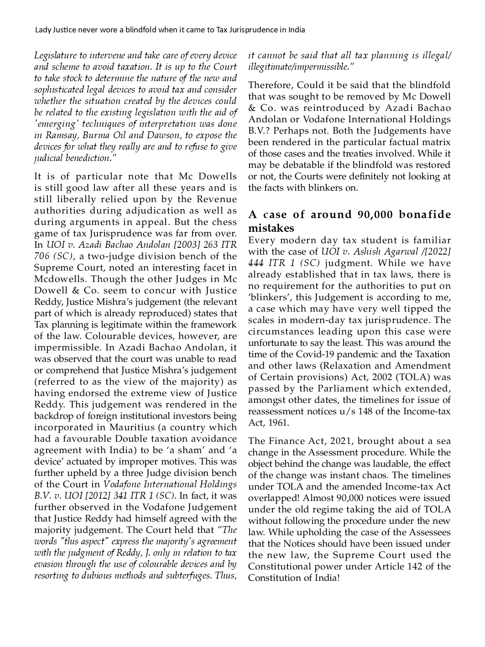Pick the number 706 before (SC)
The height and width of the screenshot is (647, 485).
tap(42, 256)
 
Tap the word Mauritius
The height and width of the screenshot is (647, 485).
tap(130, 428)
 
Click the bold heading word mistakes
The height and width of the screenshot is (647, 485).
tap(271, 228)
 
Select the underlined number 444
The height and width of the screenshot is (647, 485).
tap(256, 263)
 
